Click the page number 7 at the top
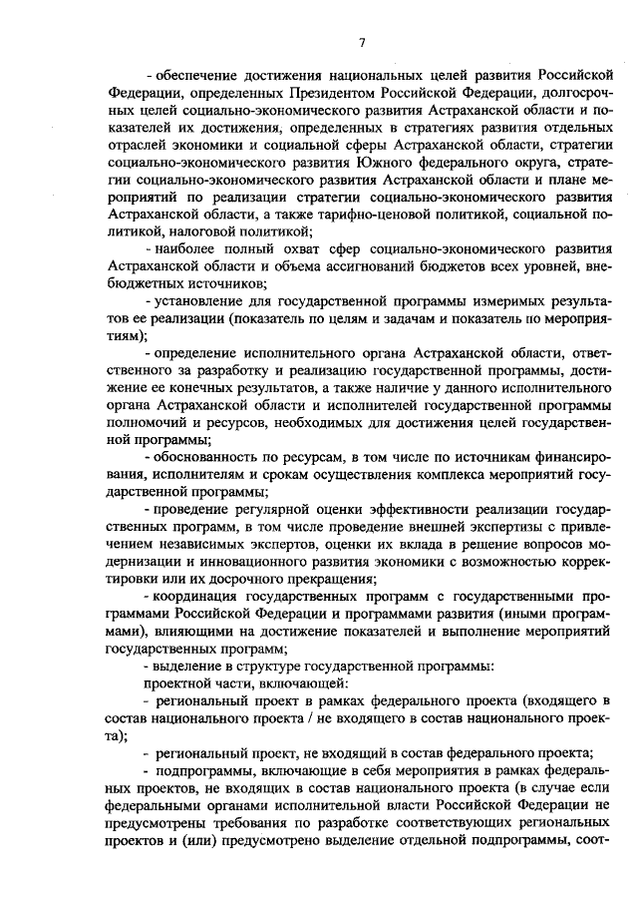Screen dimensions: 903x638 [363, 43]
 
